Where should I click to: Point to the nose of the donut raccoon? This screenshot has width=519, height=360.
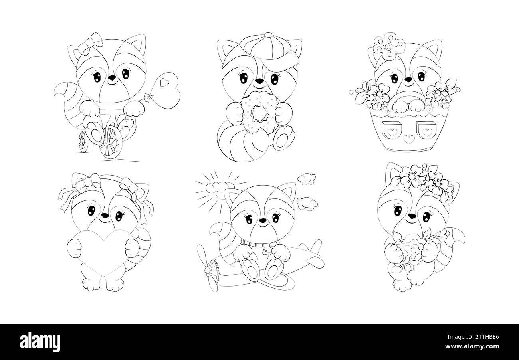coord(259,81)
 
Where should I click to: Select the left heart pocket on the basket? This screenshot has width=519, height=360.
coord(391,130)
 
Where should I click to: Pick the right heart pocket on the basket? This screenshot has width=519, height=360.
coord(426,130)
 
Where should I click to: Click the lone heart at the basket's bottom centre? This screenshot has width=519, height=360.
coord(409,139)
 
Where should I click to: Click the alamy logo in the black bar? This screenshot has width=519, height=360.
coord(40,342)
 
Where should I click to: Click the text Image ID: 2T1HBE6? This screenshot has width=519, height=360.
coord(473,337)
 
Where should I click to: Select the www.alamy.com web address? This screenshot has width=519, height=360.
coord(472,346)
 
